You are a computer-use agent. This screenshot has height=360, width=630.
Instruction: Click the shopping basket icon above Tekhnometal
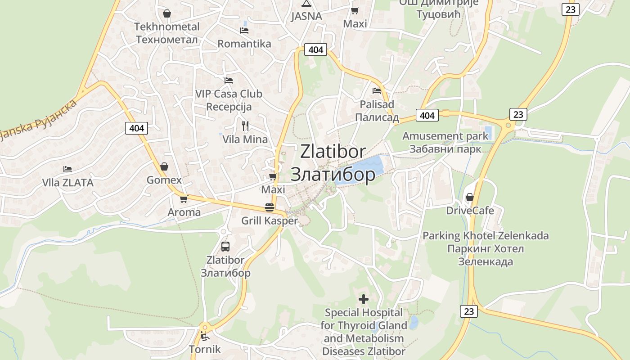coord(167,14)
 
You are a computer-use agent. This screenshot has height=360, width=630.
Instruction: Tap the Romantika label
coord(244,44)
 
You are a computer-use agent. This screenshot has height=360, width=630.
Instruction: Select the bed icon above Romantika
coord(244,30)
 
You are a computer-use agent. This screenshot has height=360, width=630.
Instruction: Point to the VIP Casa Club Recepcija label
coord(229,100)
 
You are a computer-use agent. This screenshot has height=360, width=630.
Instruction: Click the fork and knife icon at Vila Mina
coord(245,126)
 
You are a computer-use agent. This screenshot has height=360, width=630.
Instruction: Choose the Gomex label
coord(164,180)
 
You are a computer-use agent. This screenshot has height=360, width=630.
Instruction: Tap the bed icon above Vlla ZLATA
coord(67,169)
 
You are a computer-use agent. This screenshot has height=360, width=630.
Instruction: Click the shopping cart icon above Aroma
coord(184,198)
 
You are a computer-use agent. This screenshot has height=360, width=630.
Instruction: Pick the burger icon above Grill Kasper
coord(270,207)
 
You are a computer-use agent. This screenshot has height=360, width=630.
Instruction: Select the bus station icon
coord(225,247)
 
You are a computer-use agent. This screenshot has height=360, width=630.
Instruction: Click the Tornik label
coord(205,349)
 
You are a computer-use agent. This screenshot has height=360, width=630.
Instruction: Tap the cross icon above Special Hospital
coord(364,299)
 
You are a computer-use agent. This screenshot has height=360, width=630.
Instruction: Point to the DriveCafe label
coord(470,211)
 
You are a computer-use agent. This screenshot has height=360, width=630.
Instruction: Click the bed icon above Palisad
coord(377,91)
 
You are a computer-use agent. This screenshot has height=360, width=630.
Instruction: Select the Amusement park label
coord(445,142)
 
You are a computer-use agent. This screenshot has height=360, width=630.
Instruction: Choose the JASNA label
coord(306,17)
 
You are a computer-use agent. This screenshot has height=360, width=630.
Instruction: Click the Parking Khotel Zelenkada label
coord(486,248)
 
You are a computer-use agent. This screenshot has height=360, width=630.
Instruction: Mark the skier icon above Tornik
coord(205,336)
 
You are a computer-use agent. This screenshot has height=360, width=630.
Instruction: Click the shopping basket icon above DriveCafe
coord(470,197)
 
